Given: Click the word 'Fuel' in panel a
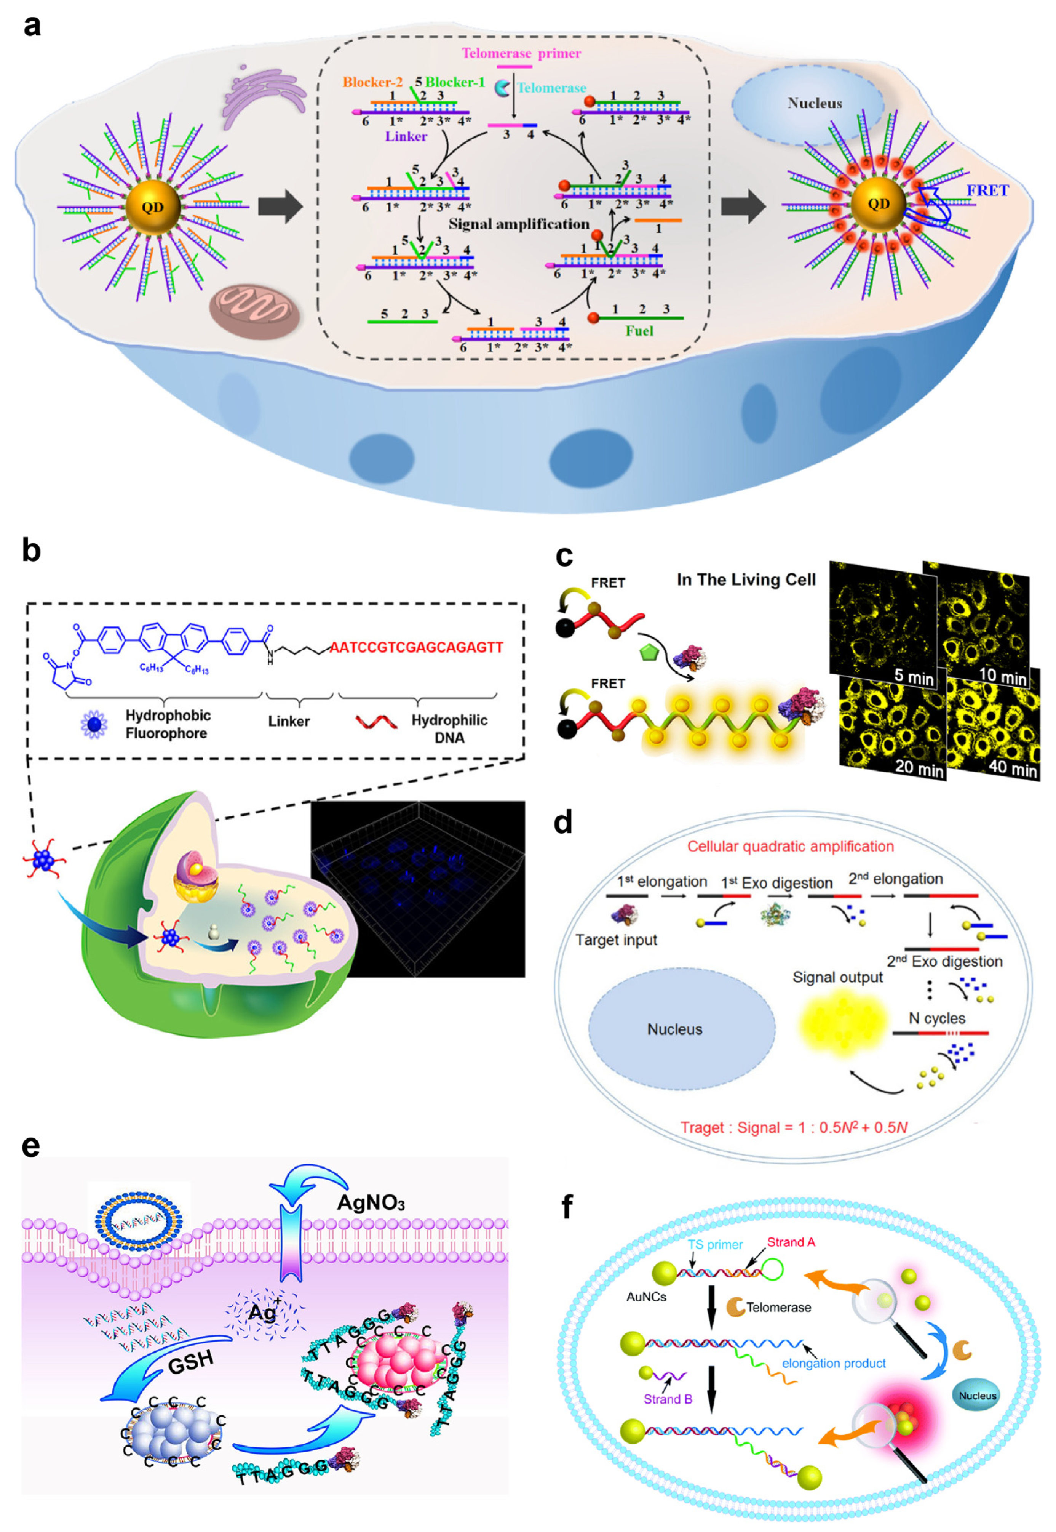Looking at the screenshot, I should pyautogui.click(x=639, y=331).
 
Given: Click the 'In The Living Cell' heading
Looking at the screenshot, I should pyautogui.click(x=746, y=580).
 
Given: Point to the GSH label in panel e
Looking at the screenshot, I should pyautogui.click(x=191, y=1362).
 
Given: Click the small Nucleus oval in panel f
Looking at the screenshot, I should pyautogui.click(x=977, y=1396).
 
